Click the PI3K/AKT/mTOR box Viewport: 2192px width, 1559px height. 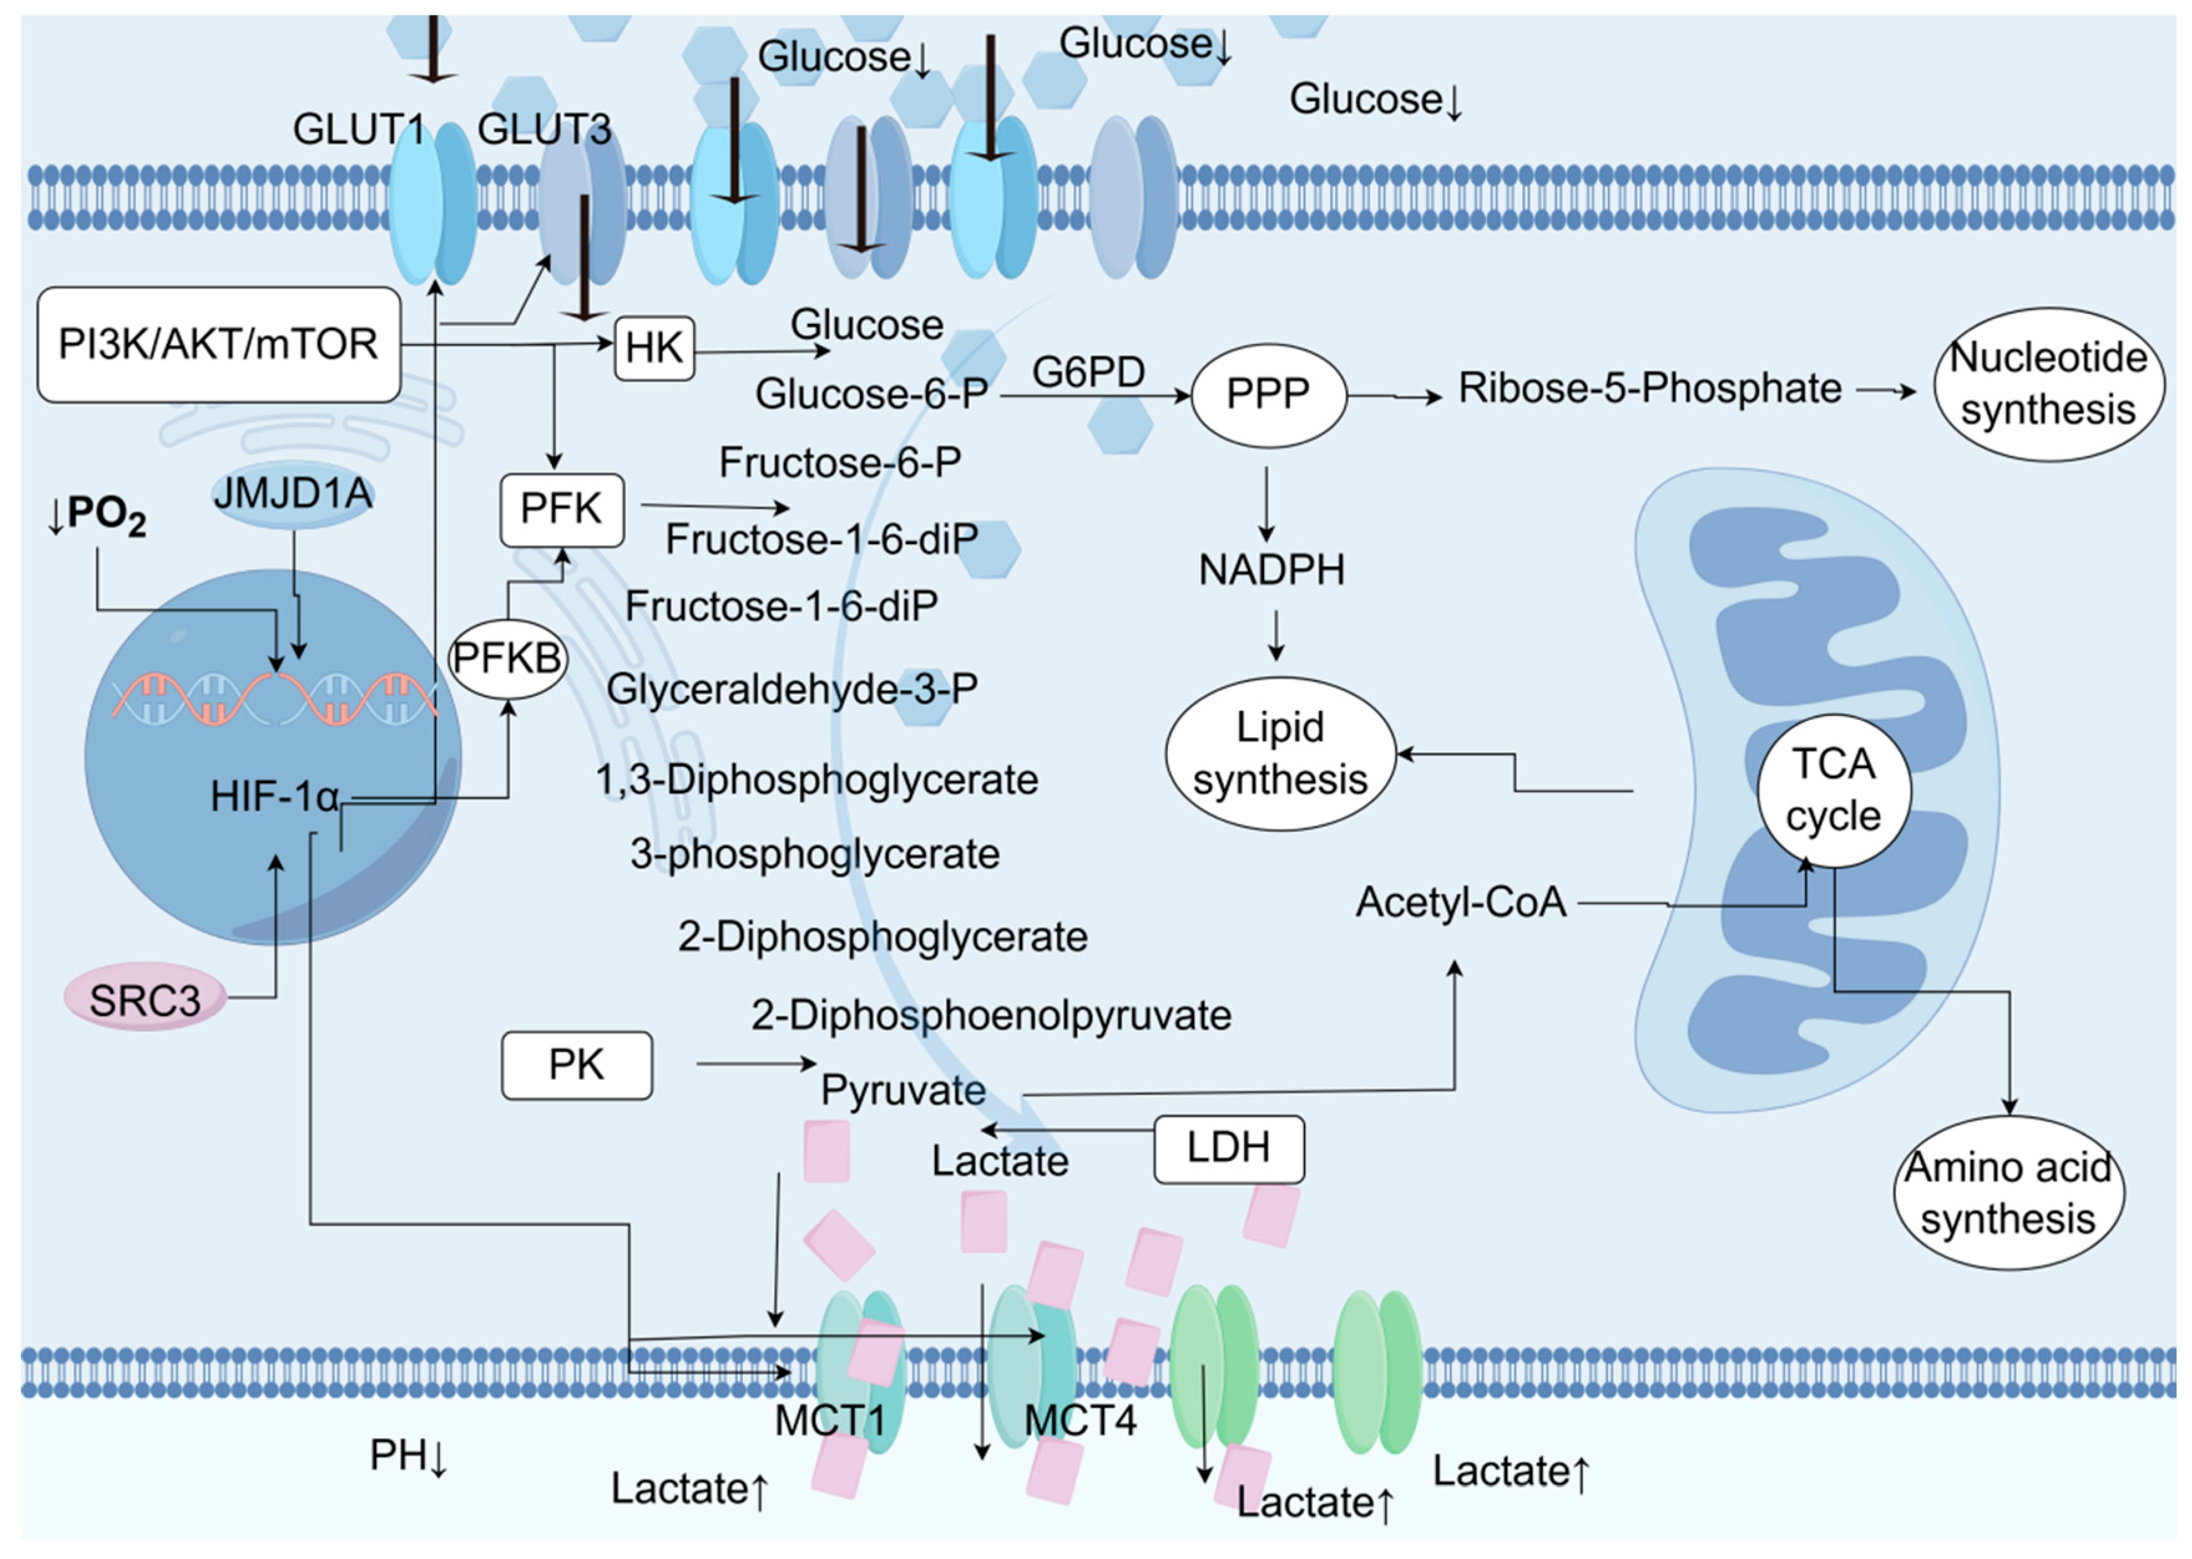point(218,344)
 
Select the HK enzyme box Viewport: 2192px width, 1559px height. point(654,348)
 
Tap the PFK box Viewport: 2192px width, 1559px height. point(561,509)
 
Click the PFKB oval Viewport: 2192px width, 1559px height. point(507,659)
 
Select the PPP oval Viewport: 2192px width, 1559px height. point(1267,394)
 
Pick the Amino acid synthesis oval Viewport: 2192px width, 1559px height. point(2007,1193)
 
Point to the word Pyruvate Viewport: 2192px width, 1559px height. point(902,1090)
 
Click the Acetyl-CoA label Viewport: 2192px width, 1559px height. point(1460,902)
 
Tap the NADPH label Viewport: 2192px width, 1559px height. point(1271,570)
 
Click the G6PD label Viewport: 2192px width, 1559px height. point(1089,371)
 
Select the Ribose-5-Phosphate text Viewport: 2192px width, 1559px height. point(1650,388)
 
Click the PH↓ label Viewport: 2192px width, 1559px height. point(408,1456)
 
